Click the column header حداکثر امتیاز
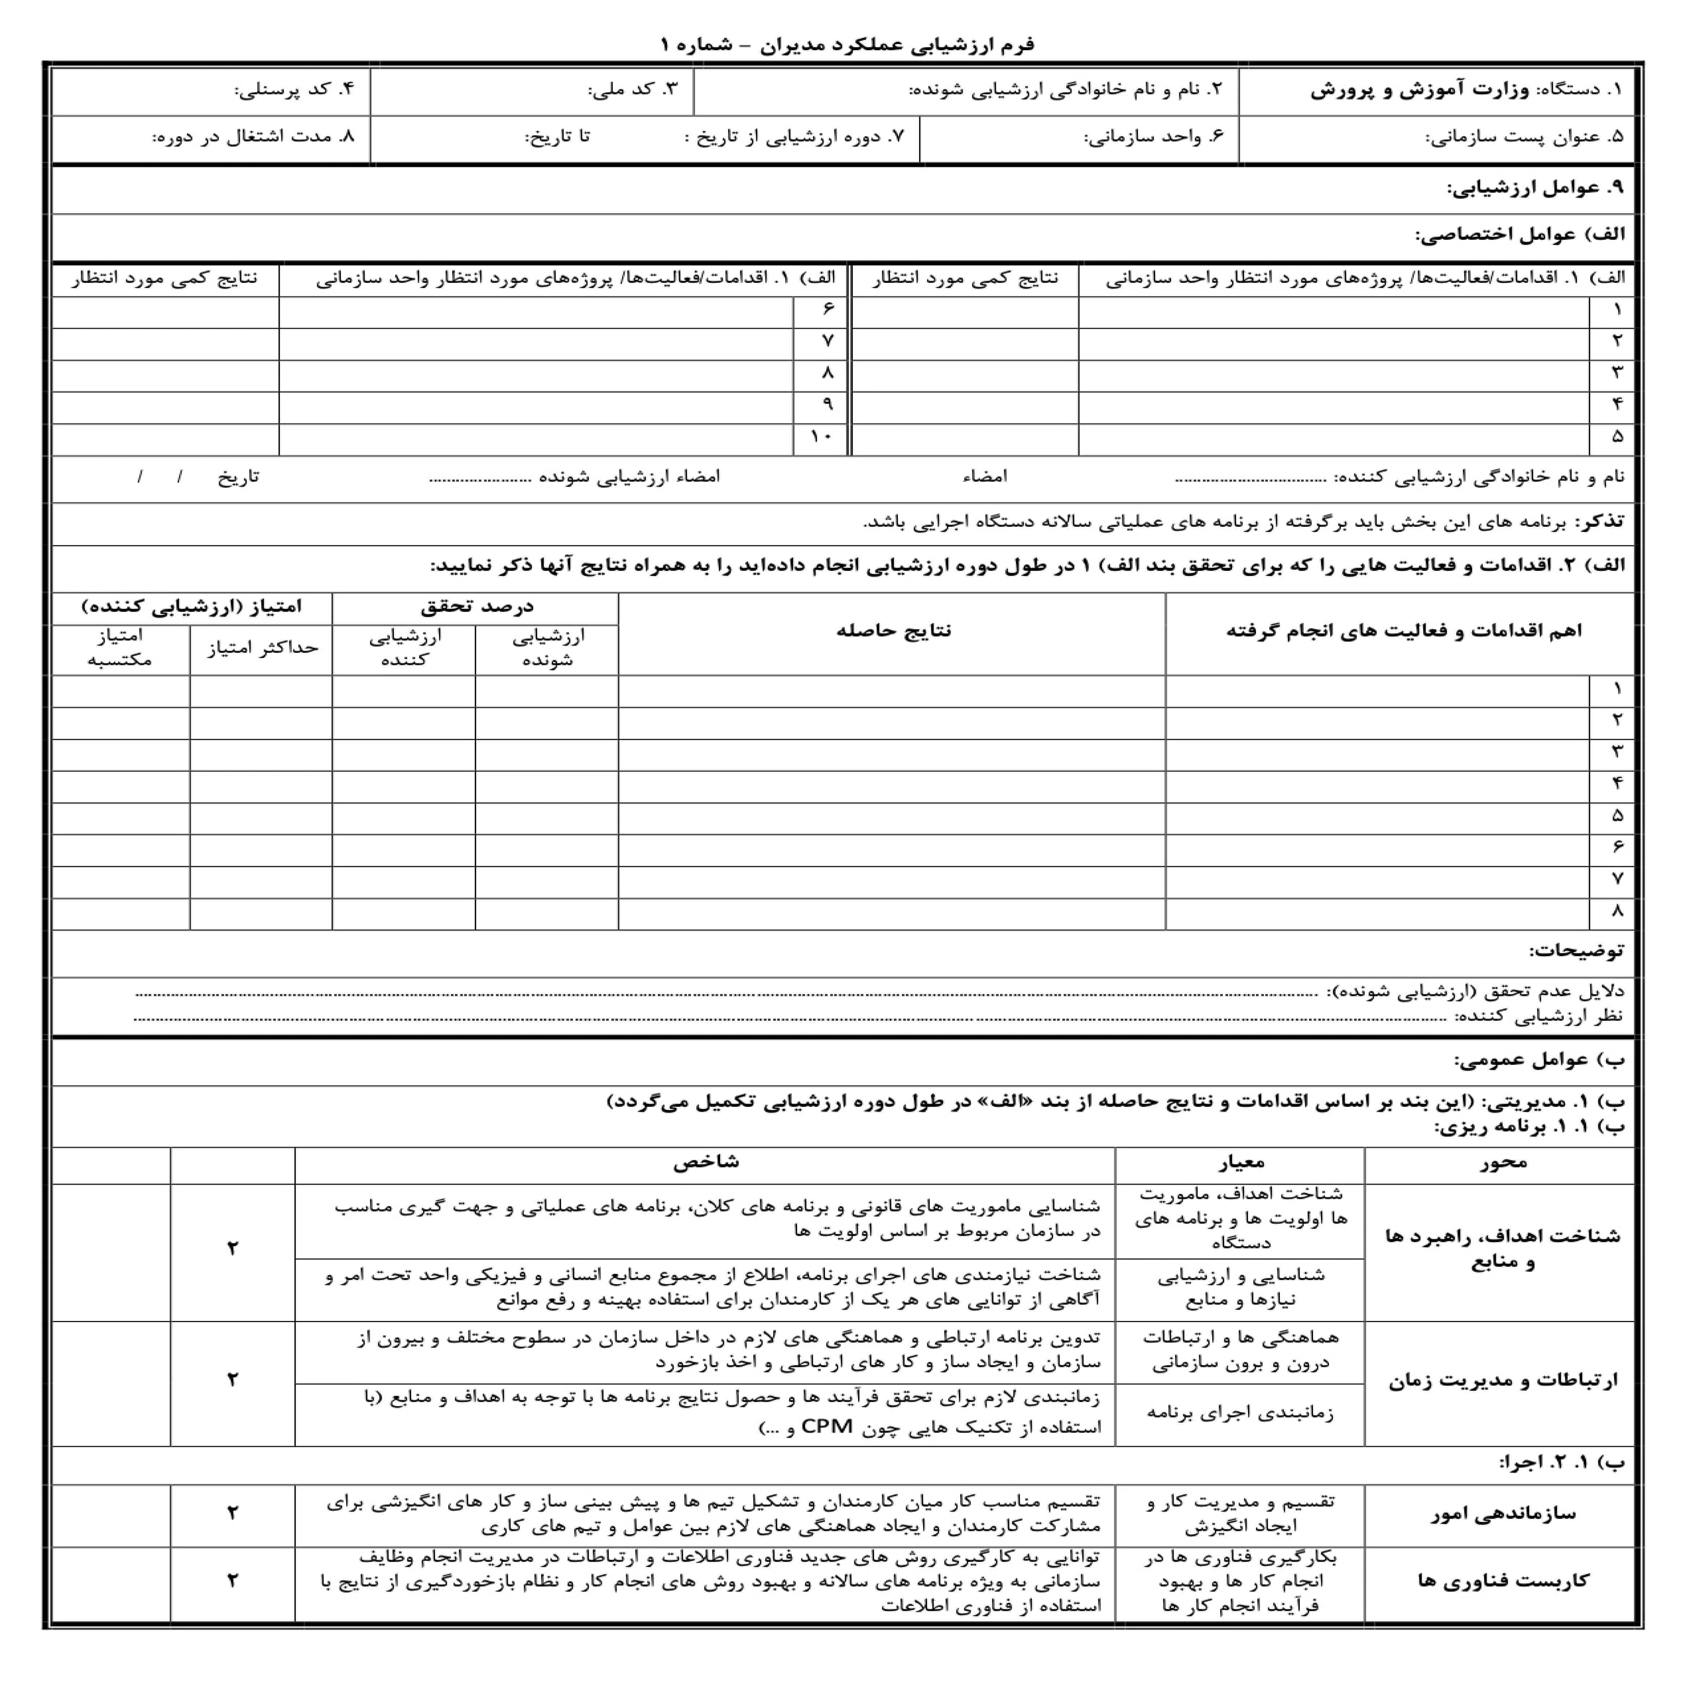click(262, 648)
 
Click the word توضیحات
click(1575, 950)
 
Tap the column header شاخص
click(705, 1161)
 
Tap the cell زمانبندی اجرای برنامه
click(1240, 1413)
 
